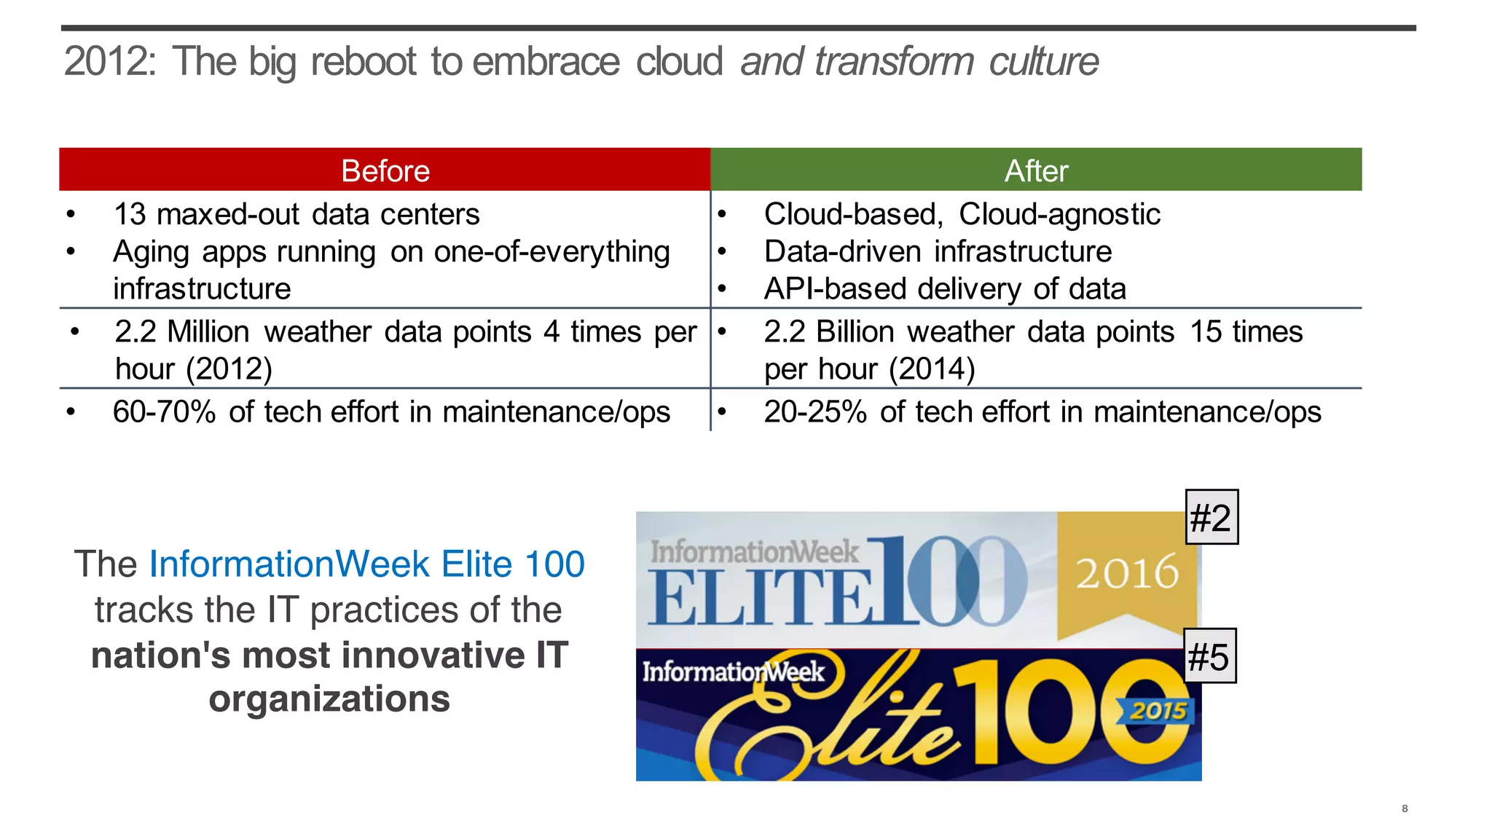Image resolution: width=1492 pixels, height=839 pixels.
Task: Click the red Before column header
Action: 385,170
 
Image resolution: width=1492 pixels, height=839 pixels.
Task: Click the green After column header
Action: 1036,170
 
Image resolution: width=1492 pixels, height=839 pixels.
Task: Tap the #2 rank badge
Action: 1211,518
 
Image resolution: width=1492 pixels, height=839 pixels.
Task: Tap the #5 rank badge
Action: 1209,656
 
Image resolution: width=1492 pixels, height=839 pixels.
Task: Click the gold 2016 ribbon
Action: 1126,572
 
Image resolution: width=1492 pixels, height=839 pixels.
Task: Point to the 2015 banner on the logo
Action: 1158,710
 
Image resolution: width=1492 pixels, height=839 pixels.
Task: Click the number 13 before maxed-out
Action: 130,214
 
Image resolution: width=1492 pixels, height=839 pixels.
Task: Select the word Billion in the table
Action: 855,332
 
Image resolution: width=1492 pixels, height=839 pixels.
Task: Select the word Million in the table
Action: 208,332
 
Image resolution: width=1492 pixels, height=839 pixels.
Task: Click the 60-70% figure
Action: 164,412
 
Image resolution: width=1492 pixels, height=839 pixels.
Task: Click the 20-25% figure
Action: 814,412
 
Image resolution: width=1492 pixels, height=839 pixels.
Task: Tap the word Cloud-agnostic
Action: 1059,214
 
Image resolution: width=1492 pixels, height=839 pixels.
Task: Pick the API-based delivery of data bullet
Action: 945,289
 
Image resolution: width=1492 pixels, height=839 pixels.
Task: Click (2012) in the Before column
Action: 229,369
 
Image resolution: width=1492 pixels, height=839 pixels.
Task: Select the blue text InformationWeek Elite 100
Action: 366,564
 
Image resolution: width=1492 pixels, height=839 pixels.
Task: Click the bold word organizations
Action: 329,699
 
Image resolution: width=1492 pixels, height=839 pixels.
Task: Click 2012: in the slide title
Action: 109,61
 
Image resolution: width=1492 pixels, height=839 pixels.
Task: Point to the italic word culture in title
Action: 1043,61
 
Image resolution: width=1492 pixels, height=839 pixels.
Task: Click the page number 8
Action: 1404,808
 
